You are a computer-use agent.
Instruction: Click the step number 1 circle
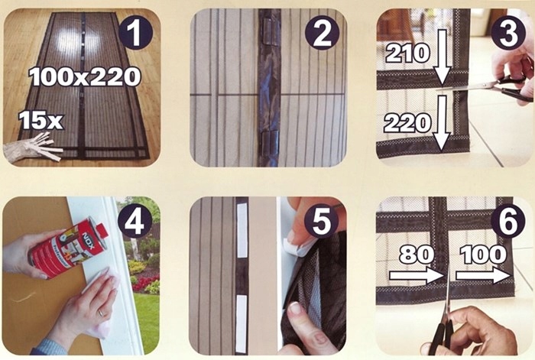[x=135, y=33]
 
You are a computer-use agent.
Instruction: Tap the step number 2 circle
[x=322, y=33]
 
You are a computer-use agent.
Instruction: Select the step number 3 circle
[x=508, y=33]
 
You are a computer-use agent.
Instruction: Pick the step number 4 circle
[x=135, y=222]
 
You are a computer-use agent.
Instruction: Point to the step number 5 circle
[x=322, y=222]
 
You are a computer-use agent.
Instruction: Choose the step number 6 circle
[x=508, y=222]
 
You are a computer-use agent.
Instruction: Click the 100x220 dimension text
[x=85, y=76]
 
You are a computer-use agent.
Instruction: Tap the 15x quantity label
[x=41, y=120]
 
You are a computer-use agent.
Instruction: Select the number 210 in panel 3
[x=407, y=54]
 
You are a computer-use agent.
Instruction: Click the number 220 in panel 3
[x=407, y=123]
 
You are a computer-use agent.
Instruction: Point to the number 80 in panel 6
[x=417, y=255]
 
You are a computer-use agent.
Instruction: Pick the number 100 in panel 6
[x=483, y=255]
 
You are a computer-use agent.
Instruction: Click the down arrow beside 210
[x=443, y=57]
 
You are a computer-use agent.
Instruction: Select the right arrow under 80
[x=417, y=276]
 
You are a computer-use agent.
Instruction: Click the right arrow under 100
[x=483, y=276]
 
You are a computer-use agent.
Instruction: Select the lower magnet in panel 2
[x=271, y=144]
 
